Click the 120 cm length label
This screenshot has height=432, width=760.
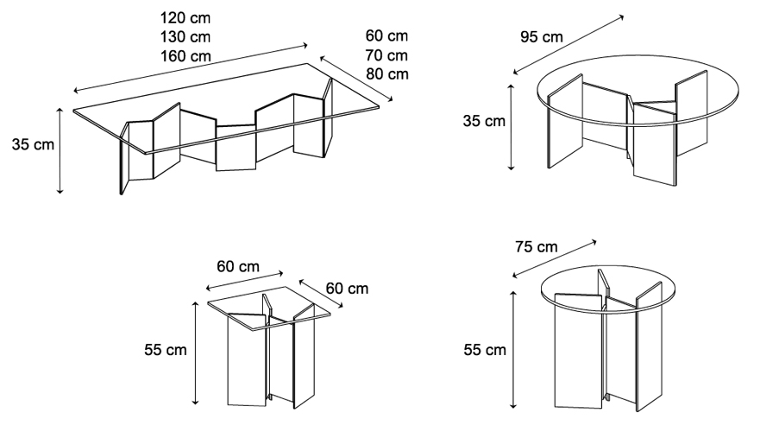pos(185,17)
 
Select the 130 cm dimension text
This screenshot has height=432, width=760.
pos(185,36)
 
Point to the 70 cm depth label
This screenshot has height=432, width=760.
pos(386,54)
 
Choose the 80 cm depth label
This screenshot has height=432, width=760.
pos(386,73)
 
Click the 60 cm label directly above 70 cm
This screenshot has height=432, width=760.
pos(386,35)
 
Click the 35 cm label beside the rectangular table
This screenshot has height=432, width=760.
pos(33,144)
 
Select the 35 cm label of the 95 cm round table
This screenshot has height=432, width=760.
pos(483,121)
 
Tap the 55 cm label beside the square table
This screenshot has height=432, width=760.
pos(165,350)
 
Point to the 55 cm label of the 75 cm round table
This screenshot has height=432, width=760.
pos(484,350)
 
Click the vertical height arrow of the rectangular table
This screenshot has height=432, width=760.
pos(60,150)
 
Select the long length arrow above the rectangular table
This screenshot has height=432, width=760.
pos(191,68)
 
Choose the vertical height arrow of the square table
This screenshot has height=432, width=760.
pos(197,354)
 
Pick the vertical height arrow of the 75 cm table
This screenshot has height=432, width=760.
pos(514,351)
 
